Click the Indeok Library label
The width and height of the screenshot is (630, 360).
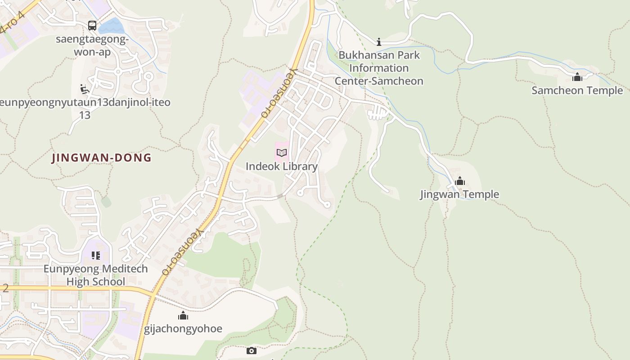click(x=282, y=166)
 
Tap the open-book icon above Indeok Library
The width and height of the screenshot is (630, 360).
click(x=282, y=153)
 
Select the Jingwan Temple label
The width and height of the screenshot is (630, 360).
click(x=459, y=194)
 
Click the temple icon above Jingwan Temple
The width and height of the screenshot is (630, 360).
click(x=460, y=181)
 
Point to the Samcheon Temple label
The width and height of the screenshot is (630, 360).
click(x=577, y=90)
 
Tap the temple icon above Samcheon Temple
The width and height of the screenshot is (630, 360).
click(x=577, y=77)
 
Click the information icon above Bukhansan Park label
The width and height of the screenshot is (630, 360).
click(x=379, y=42)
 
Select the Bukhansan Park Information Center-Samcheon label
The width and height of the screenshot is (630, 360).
click(x=379, y=68)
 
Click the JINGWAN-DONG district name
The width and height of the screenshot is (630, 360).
click(x=102, y=158)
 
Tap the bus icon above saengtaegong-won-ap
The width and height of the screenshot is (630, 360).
click(x=92, y=26)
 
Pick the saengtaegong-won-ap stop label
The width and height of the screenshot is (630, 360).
click(x=92, y=45)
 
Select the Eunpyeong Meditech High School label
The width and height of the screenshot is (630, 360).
click(x=95, y=275)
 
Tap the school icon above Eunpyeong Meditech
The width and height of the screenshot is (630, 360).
click(x=95, y=256)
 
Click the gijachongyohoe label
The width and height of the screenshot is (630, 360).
click(x=183, y=328)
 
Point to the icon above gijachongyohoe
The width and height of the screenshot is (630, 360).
click(x=183, y=315)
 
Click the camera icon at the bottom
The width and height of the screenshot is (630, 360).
click(x=252, y=351)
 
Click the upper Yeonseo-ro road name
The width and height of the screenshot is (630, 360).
click(x=280, y=93)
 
